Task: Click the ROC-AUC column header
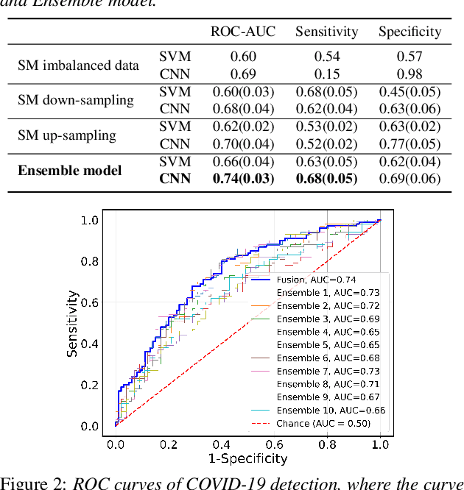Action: (x=242, y=32)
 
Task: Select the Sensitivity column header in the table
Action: (x=327, y=32)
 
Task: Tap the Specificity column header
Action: (x=409, y=32)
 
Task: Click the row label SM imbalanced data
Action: (x=78, y=65)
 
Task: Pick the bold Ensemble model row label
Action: (x=69, y=171)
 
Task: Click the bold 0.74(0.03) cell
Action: (x=243, y=179)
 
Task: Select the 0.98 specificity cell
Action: (x=409, y=74)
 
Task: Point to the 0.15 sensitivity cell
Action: (x=327, y=74)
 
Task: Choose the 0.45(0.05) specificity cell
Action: (x=409, y=92)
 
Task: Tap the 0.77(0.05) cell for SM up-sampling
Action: (x=409, y=144)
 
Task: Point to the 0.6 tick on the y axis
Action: (x=89, y=302)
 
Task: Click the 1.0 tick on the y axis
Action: (x=89, y=220)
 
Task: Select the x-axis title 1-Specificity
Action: (x=247, y=459)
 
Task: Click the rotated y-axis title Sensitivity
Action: (x=72, y=323)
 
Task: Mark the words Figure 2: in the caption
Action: (x=32, y=483)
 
